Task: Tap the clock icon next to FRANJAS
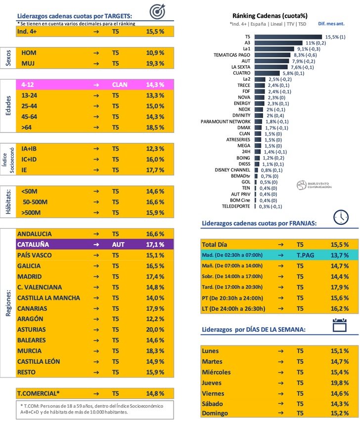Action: pyautogui.click(x=341, y=217)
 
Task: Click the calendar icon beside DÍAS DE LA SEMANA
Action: pyautogui.click(x=340, y=324)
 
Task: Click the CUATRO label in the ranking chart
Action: pyautogui.click(x=240, y=73)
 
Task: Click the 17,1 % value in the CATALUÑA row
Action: pyautogui.click(x=155, y=245)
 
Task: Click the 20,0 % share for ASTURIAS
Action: pyautogui.click(x=155, y=329)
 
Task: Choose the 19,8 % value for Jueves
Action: pyautogui.click(x=339, y=382)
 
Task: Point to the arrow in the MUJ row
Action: pyautogui.click(x=96, y=63)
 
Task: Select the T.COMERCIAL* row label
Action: pyautogui.click(x=39, y=393)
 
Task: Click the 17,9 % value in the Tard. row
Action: pyautogui.click(x=339, y=287)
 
